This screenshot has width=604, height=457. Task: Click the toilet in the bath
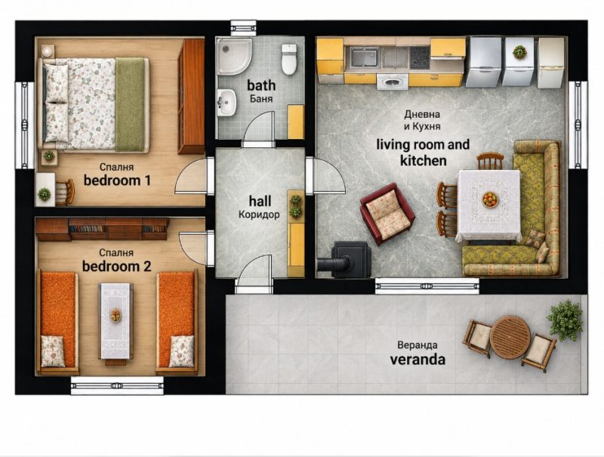coord(289,59)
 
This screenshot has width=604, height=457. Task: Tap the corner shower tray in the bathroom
coord(233,56)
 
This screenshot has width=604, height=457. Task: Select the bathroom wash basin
coord(226,103)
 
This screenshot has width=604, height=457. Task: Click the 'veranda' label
coord(418,360)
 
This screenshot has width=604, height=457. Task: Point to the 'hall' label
coord(260,201)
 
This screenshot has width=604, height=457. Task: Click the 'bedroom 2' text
coord(117,266)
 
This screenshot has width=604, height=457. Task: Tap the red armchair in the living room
coord(387,214)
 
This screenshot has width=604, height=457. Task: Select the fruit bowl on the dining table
coord(490,200)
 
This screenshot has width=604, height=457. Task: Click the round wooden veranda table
coord(510,337)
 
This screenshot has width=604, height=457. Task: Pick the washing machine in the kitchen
coord(392,82)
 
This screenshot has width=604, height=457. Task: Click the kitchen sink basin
coord(364,57)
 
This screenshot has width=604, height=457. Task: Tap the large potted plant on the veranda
coord(565,320)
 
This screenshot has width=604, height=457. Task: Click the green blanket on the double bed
coord(130,104)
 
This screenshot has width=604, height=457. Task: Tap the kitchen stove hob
coord(420,57)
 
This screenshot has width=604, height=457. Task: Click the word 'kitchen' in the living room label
coord(424,160)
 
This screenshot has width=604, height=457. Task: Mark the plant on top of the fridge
coord(519,51)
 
